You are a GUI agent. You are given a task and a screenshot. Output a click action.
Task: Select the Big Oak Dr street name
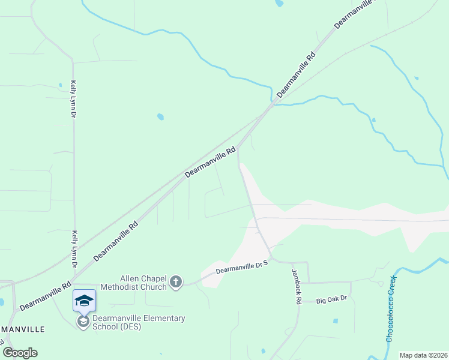[x=332, y=299]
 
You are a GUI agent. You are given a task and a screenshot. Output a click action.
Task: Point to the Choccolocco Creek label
[x=391, y=308]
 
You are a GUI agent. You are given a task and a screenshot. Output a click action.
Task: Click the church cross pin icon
[x=176, y=282]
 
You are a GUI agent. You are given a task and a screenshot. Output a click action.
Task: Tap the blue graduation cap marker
[x=84, y=300]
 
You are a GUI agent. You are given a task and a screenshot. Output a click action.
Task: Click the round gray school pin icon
[x=83, y=322]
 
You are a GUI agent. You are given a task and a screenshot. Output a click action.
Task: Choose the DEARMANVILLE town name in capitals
[x=22, y=330]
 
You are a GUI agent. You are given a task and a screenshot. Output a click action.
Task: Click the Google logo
[x=20, y=353]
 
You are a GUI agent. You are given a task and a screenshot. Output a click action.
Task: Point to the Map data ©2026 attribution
[x=423, y=355]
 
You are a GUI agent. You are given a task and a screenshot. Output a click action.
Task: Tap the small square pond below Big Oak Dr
[x=336, y=321]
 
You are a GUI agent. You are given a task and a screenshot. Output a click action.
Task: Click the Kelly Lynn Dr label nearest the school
[x=75, y=249]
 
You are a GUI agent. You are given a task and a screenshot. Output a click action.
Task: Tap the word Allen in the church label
[x=131, y=278]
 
